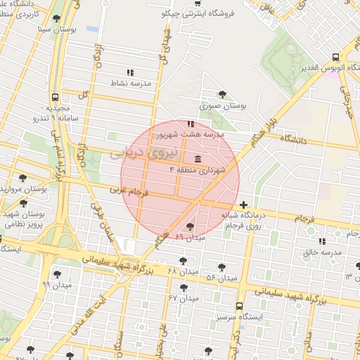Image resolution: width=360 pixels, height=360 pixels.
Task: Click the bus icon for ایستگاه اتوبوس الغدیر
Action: point(335,57)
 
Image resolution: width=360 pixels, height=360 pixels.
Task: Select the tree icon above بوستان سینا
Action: point(56,19)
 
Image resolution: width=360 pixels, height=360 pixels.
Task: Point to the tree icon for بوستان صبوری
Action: point(223,94)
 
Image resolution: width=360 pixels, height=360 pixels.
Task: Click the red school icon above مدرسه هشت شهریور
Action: point(191,124)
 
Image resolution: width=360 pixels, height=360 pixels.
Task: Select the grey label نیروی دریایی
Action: point(136,154)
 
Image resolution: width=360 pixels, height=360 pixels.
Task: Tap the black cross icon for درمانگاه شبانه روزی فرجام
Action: point(243,205)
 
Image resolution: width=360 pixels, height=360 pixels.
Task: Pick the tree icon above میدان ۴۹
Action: point(190,226)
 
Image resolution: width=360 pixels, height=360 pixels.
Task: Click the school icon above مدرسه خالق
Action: point(323,241)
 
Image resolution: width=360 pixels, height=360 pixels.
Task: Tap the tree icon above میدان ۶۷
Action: point(184,288)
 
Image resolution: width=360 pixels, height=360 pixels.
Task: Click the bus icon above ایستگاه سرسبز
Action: point(240,307)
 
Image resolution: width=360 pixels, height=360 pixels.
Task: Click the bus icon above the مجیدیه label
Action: point(55,98)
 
